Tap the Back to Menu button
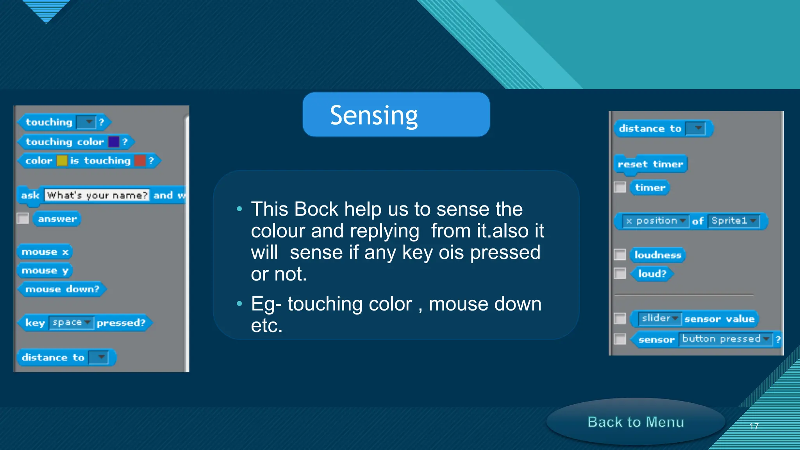636,422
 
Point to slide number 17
754,426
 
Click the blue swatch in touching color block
114,142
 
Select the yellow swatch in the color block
62,161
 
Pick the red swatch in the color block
139,161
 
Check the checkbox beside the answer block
23,218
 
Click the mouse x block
45,252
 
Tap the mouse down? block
62,289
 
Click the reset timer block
650,164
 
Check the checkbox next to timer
620,187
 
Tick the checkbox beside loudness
620,255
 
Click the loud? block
652,273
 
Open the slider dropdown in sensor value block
659,318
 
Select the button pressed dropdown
725,339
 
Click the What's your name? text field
97,195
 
